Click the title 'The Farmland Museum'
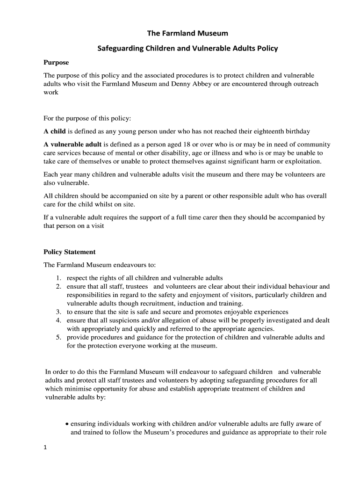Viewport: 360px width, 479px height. click(x=181, y=33)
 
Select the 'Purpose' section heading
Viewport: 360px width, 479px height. click(x=56, y=62)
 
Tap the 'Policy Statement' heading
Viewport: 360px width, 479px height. click(x=69, y=252)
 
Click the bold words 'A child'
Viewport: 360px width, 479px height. click(x=55, y=131)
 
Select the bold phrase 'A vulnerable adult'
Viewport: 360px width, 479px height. click(x=72, y=144)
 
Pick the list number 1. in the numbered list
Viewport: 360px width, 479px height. click(x=59, y=278)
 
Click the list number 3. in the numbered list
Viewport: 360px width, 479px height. click(x=59, y=312)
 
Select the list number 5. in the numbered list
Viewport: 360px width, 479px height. click(x=59, y=337)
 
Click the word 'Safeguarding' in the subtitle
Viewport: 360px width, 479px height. click(x=120, y=48)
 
